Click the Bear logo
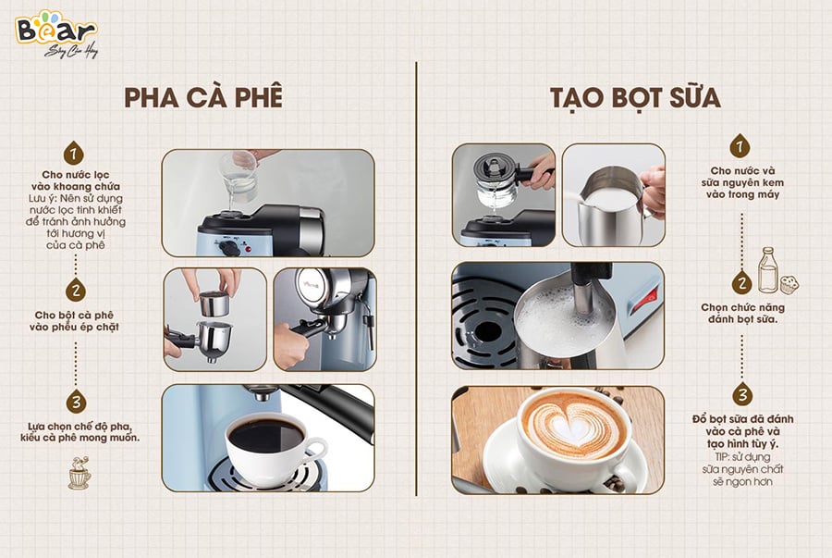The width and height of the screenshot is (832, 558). click(55, 28)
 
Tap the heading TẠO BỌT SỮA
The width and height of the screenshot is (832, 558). click(628, 99)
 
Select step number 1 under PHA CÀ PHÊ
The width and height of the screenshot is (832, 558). click(75, 153)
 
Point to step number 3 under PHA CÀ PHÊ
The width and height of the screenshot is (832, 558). click(75, 402)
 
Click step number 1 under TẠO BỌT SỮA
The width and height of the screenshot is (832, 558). click(740, 145)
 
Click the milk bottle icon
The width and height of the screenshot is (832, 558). click(767, 269)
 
